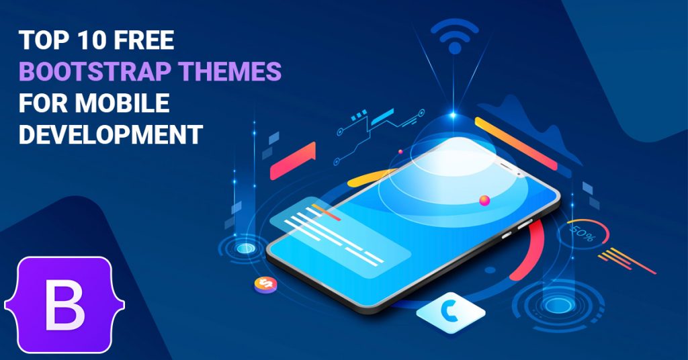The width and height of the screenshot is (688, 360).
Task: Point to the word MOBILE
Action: point(122,103)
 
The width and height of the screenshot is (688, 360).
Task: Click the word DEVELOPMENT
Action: point(111,134)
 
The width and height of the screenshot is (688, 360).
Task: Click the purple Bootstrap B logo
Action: point(64,305)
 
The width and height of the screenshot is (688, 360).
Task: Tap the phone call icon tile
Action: point(451,312)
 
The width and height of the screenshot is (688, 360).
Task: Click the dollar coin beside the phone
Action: point(265,285)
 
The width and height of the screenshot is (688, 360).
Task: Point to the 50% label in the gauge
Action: point(583,235)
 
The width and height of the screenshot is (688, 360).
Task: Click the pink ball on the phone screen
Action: point(484,201)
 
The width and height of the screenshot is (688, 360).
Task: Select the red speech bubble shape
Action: point(293,161)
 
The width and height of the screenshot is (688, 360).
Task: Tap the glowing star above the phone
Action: point(454,116)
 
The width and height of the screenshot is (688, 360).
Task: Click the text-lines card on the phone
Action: point(340,237)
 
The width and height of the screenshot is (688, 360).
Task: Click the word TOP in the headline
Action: point(43,40)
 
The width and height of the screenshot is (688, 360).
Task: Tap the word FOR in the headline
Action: point(43,103)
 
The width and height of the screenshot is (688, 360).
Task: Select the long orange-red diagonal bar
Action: point(516,143)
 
